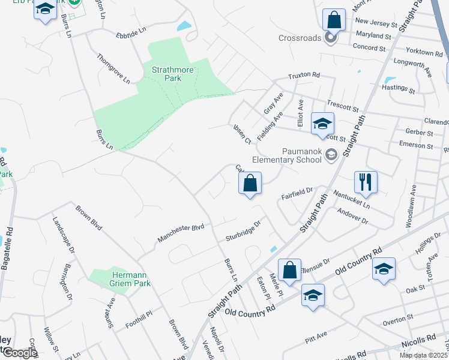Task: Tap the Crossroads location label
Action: [301, 38]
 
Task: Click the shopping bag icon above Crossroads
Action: [334, 20]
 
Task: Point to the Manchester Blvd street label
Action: [181, 233]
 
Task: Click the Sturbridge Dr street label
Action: [244, 229]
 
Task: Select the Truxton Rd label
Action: [304, 76]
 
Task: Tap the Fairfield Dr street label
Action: [298, 194]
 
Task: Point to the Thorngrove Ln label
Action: [113, 68]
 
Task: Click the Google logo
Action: [20, 352]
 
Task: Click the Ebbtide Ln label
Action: [131, 30]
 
